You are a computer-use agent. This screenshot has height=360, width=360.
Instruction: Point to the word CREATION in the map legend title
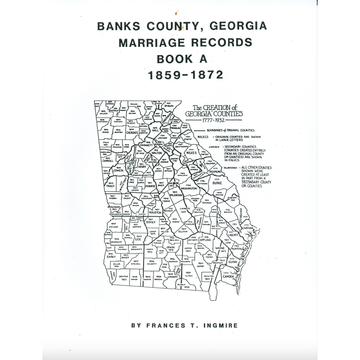(217, 107)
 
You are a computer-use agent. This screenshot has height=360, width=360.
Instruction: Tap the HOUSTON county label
(155, 212)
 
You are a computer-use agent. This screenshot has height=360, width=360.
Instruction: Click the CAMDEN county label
(228, 276)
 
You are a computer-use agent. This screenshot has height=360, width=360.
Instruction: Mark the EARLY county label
(111, 256)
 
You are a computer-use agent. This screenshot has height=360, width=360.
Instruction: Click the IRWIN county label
(171, 248)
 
